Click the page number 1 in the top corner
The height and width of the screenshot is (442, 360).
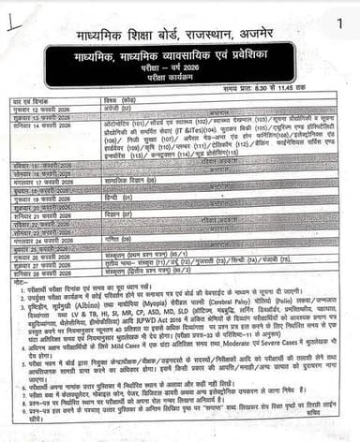pyautogui.click(x=337, y=20)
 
